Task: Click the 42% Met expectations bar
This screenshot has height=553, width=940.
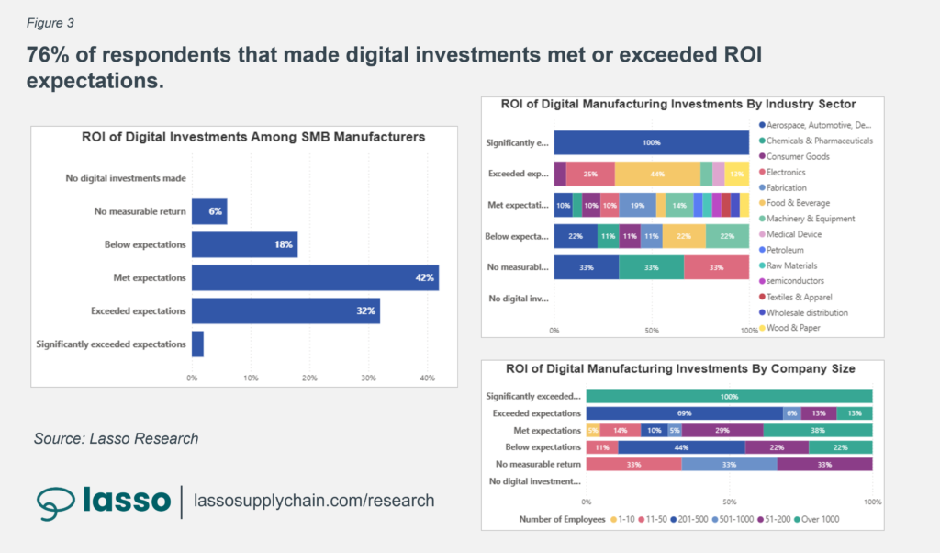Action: tap(314, 276)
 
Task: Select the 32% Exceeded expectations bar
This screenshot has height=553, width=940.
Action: tap(285, 310)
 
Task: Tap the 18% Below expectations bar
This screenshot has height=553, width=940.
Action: tap(244, 244)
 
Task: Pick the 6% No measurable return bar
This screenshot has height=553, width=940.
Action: tap(208, 211)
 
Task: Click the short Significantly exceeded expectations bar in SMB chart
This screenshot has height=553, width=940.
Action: tap(197, 344)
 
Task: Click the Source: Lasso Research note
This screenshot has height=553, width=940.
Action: tap(116, 438)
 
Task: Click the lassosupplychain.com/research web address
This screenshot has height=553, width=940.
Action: tap(314, 501)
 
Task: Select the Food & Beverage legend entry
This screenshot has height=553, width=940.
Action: tap(800, 203)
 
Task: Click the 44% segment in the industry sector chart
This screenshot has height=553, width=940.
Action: tap(657, 174)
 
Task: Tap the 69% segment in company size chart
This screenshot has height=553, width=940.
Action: tap(683, 413)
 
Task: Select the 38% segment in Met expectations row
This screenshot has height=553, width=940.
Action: tap(817, 430)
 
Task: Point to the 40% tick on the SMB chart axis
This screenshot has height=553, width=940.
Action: tap(427, 378)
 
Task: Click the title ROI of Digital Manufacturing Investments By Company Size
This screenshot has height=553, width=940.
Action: tap(680, 368)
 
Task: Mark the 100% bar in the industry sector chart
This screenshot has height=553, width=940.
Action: tap(652, 142)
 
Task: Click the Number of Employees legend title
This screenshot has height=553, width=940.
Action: tap(561, 520)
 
